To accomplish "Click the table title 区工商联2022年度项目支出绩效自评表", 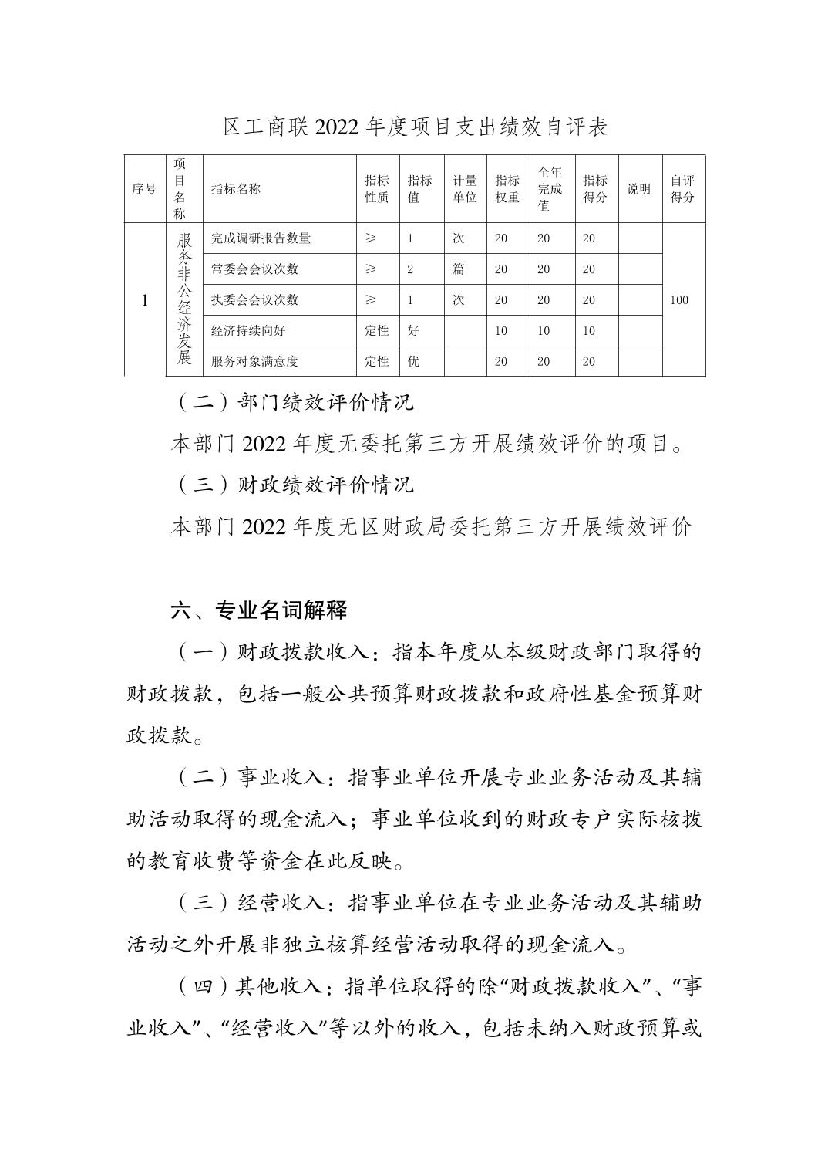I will point(416,127).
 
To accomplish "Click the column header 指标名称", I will point(236,189).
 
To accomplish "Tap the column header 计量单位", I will point(465,189).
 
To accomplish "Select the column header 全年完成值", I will point(550,189).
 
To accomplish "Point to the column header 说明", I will point(638,189).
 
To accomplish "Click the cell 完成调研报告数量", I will point(261,238).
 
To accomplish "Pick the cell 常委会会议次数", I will point(255,269).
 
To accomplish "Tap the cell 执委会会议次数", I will point(255,300).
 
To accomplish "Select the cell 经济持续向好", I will point(248,330).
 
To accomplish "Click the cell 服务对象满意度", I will point(255,361).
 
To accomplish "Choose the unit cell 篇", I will point(459,269).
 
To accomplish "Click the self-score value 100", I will point(679,300).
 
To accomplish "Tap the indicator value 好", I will point(413,330).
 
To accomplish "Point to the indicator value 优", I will point(413,361).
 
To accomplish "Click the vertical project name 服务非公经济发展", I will point(184,299).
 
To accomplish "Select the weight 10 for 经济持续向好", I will point(501,330).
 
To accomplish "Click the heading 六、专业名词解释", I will point(259,610).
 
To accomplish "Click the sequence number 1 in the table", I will point(144,300).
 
